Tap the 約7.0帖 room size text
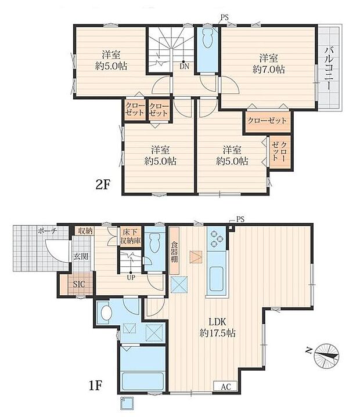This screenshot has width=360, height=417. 268,69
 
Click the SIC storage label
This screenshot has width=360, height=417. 78,284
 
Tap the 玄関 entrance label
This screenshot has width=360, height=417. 80,256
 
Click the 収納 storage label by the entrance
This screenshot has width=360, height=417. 85,231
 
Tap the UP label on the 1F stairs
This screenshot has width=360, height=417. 132,277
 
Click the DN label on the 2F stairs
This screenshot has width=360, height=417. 183,66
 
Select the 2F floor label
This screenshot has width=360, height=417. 103,185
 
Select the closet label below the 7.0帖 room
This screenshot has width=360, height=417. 267,120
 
